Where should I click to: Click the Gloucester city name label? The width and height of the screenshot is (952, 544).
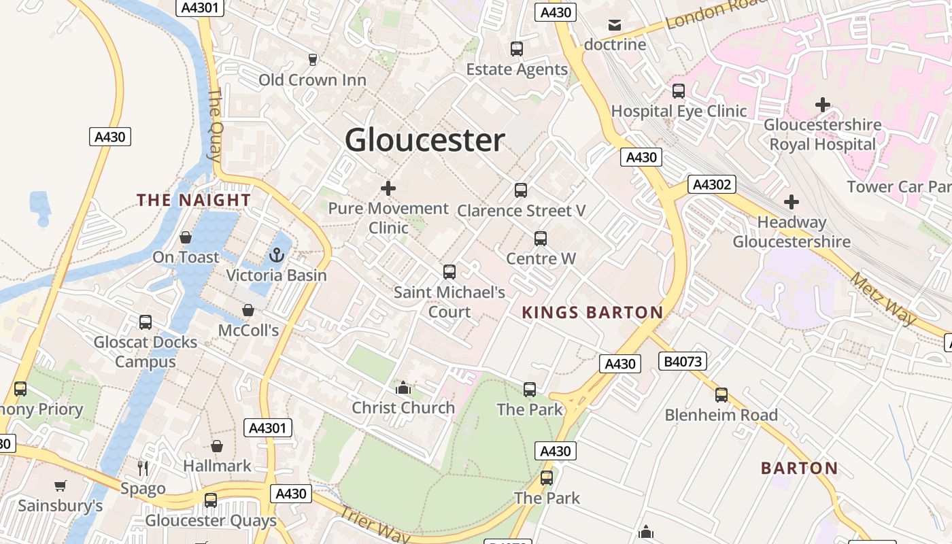424,140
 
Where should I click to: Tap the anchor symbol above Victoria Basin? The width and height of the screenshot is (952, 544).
276,256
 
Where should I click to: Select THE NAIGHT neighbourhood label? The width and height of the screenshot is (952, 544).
194,200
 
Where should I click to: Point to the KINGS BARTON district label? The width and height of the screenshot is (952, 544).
592,313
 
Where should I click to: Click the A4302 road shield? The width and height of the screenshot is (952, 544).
712,184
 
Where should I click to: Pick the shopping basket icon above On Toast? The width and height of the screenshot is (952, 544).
186,237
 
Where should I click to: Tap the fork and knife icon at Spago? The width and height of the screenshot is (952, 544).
143,468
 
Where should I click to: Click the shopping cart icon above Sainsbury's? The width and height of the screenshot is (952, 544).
61,486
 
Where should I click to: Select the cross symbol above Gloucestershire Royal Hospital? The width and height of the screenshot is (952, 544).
823,105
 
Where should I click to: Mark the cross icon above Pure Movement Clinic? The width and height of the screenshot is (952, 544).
388,188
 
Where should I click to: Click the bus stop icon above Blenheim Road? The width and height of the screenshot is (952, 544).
721,394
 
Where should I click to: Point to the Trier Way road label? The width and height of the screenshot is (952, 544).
375,525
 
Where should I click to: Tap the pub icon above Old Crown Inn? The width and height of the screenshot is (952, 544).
313,60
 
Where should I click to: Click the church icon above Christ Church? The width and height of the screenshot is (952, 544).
403,388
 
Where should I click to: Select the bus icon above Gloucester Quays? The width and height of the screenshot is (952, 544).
211,500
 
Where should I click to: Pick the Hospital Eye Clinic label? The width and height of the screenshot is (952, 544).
679,111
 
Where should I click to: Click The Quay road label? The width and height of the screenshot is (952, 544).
216,123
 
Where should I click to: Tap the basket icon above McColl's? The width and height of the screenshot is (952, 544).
248,310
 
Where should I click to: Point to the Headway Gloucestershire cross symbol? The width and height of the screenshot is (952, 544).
792,202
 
